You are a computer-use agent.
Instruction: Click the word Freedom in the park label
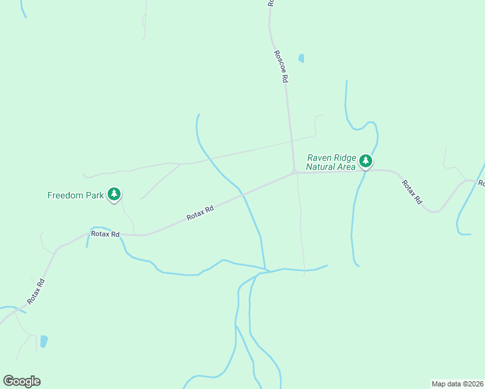65,194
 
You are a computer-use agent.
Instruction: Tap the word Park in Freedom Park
95,194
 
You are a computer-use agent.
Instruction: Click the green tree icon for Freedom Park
114,194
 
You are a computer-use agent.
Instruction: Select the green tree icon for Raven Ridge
366,161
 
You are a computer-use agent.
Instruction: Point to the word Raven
320,158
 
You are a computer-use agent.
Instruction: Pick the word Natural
322,167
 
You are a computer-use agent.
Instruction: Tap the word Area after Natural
347,167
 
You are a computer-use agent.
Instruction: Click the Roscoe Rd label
280,67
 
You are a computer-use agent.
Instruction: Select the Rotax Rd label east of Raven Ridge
411,193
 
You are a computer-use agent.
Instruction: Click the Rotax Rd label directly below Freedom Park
106,234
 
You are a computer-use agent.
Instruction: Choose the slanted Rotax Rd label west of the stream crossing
200,213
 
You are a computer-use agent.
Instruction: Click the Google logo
21,381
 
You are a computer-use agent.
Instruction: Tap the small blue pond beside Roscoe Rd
301,58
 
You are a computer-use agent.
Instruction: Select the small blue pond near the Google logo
43,341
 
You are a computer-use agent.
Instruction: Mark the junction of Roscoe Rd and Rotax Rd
294,172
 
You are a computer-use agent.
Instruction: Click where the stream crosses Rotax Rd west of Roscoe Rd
241,191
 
